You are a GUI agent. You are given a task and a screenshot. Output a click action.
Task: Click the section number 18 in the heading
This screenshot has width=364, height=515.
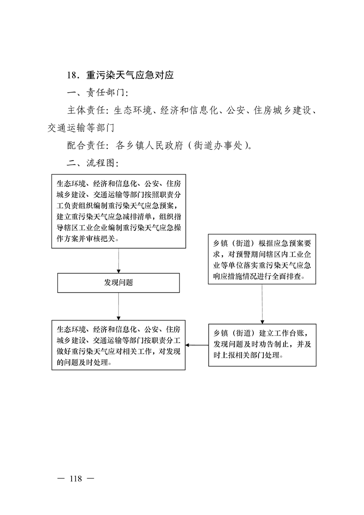click(x=72, y=75)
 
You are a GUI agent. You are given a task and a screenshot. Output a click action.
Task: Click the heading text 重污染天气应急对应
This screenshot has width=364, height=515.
click(x=130, y=75)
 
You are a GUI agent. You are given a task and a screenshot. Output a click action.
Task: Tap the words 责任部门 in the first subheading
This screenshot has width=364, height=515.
click(x=106, y=93)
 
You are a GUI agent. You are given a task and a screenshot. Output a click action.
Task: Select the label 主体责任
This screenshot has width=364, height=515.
click(x=86, y=110)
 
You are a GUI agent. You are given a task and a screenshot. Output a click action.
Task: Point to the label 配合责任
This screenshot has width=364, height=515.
click(x=86, y=145)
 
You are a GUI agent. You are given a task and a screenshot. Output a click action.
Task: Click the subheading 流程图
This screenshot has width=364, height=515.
click(x=101, y=163)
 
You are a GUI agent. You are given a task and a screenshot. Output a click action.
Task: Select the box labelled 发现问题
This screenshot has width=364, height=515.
click(x=118, y=283)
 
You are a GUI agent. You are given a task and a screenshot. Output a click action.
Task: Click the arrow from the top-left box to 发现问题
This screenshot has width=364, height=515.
click(x=118, y=261)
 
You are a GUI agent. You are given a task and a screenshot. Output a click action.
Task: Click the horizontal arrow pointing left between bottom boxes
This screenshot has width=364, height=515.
click(x=197, y=345)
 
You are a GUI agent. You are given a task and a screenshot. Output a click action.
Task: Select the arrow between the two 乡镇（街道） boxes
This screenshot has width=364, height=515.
click(x=262, y=304)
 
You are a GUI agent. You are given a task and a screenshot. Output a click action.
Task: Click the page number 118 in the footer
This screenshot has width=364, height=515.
click(x=76, y=479)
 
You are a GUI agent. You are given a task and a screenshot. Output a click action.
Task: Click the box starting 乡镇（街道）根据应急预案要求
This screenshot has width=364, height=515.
click(x=262, y=259)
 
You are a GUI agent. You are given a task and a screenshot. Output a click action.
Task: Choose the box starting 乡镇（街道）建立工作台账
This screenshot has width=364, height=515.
click(x=262, y=345)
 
